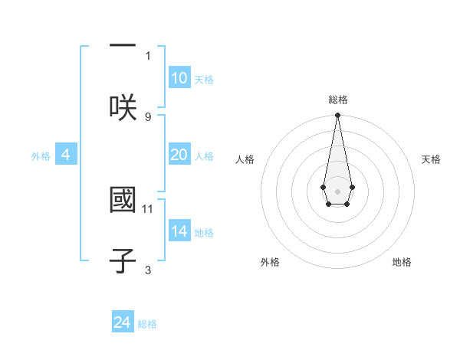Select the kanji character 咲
122,107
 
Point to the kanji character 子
122,260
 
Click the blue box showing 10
179,79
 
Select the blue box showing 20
179,155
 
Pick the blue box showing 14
179,231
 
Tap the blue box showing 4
66,155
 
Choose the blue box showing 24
123,322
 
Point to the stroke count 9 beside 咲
148,116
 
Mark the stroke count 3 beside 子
148,270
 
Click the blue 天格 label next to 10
204,80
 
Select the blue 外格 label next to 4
41,155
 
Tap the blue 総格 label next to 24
147,323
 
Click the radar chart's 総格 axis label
337,100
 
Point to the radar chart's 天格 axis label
431,159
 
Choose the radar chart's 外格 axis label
270,262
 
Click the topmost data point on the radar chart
337,116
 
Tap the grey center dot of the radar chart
337,190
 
